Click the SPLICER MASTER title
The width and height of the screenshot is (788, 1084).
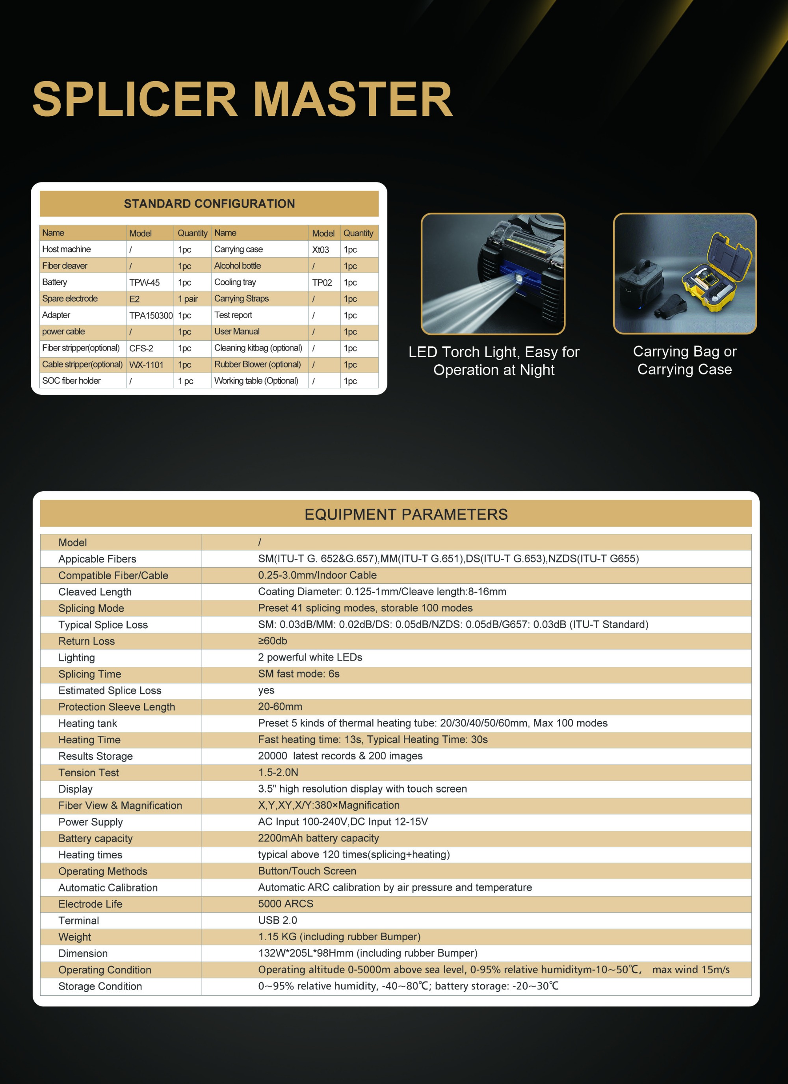click(x=242, y=99)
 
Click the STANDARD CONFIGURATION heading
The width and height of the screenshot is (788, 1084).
click(x=209, y=204)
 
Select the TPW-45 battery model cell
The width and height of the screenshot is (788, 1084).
click(x=145, y=282)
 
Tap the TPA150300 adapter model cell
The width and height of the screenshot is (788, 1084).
click(x=151, y=316)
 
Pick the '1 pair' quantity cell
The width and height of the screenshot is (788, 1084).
click(x=188, y=299)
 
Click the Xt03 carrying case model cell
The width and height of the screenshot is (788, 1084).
click(x=320, y=249)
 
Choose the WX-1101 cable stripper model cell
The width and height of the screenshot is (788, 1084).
click(x=146, y=365)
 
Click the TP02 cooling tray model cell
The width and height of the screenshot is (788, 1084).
click(x=322, y=282)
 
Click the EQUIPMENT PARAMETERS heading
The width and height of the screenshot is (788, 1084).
click(x=406, y=514)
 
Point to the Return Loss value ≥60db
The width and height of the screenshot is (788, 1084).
click(x=273, y=641)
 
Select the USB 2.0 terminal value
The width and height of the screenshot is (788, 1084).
click(x=277, y=920)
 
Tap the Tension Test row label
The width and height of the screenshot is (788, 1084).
click(x=89, y=772)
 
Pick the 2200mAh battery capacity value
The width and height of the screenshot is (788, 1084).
click(x=318, y=838)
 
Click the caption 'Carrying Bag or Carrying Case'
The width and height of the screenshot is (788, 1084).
click(x=684, y=360)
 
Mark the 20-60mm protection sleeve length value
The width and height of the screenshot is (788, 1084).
click(x=280, y=706)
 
